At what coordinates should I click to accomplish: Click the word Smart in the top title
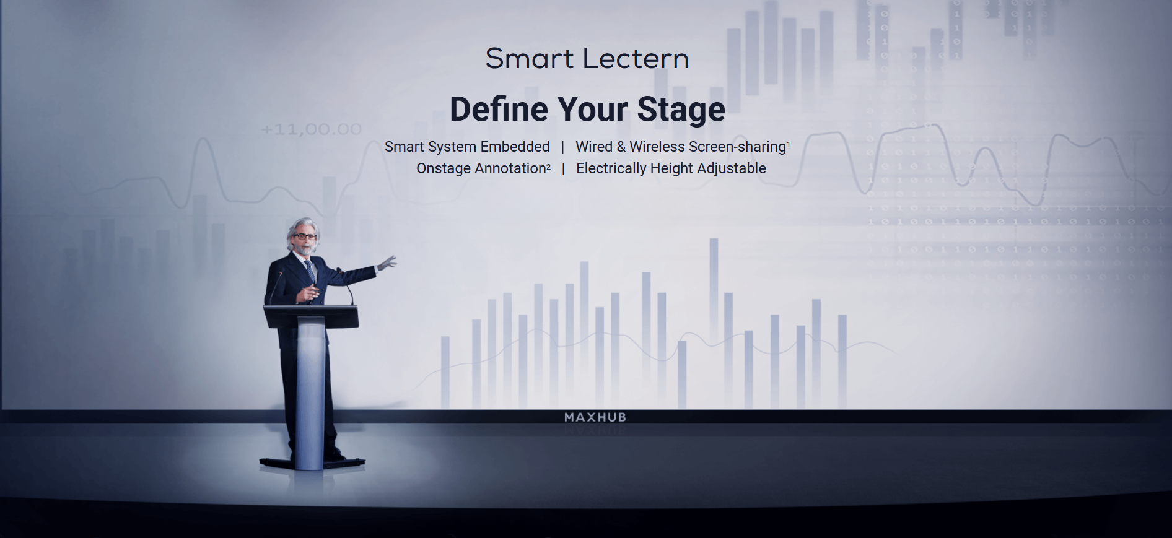coord(530,59)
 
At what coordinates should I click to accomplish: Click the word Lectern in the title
coord(636,59)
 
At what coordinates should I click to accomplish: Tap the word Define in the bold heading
coord(499,110)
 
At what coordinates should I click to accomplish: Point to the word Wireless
coord(657,147)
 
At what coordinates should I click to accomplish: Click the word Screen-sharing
coord(737,147)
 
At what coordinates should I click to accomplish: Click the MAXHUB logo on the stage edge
coord(595,417)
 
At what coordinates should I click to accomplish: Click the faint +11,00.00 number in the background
coord(312,129)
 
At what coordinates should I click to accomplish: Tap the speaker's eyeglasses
coord(304,236)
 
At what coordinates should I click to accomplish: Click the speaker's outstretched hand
coord(387,262)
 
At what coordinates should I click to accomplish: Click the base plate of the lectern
coord(312,462)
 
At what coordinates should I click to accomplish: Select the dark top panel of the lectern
coord(311,315)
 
